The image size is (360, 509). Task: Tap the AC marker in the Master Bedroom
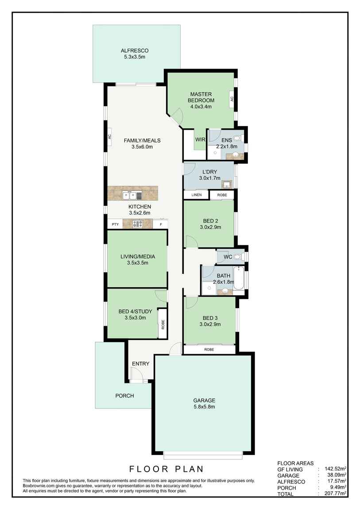coord(231,99)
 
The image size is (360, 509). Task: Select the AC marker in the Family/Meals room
coord(109,137)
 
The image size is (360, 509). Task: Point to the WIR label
coord(200,139)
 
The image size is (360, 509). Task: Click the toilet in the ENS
coord(239,138)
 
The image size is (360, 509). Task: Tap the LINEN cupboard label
coord(196,195)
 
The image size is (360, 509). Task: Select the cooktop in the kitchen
coord(137,224)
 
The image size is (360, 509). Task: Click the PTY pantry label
coord(115,224)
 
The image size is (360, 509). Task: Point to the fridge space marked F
coord(160,224)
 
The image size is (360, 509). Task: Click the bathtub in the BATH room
coord(239,278)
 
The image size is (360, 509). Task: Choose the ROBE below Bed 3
coord(209,349)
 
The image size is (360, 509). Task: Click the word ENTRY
coord(140,364)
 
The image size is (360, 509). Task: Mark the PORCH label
coord(124,396)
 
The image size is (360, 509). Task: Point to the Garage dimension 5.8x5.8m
coord(204,407)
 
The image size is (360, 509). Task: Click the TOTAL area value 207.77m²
coord(334,494)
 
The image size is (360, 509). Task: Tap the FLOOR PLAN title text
coord(166,469)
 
